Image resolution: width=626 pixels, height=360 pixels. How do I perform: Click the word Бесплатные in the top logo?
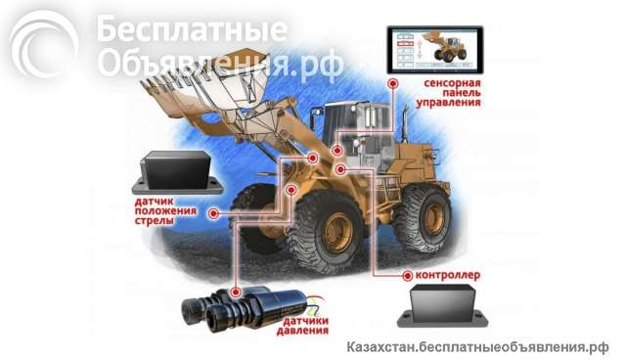pos(192,31)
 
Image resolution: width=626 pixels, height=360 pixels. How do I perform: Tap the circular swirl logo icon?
pos(43,46)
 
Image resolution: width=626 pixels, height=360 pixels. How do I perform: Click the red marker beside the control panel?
pos(391,85)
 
